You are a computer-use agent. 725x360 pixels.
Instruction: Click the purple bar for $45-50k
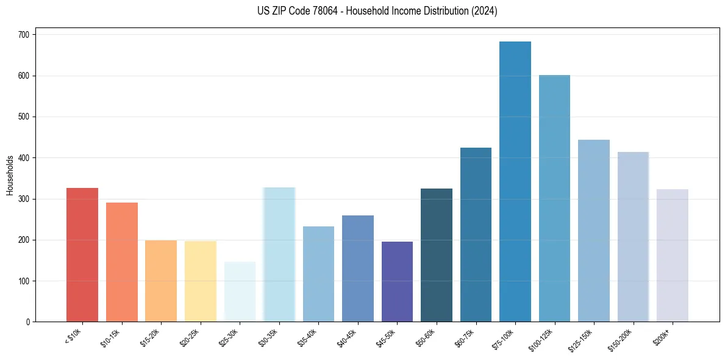click(x=397, y=281)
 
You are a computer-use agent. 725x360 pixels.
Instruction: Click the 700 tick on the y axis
click(x=26, y=35)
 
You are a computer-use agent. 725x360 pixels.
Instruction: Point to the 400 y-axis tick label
click(x=26, y=158)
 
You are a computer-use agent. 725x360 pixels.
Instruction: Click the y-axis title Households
click(x=10, y=175)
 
